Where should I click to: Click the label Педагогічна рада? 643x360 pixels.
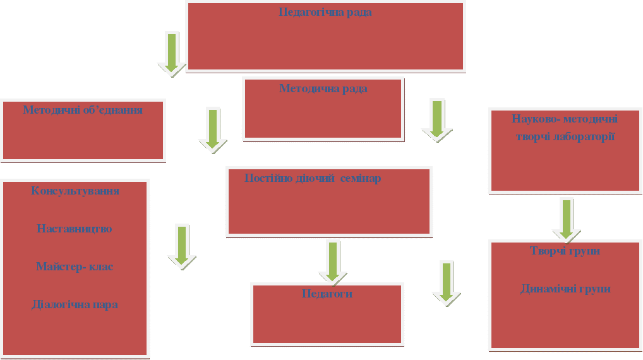click(325, 13)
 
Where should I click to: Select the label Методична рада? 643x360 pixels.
click(323, 88)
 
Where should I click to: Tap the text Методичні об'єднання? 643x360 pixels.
click(83, 110)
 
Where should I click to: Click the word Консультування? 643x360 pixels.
click(75, 191)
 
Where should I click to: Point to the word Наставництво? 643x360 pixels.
click(75, 229)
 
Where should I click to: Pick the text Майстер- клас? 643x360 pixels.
click(75, 267)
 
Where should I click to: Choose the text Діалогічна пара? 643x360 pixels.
click(75, 304)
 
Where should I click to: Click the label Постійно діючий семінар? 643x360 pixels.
click(313, 178)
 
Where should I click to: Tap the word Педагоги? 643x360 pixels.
click(327, 294)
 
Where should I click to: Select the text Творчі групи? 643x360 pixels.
click(565, 251)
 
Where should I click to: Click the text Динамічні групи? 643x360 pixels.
click(565, 289)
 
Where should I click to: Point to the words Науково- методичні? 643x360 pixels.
click(565, 119)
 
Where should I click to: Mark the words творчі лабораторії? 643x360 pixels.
click(565, 136)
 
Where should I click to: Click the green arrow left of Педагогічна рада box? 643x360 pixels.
click(172, 53)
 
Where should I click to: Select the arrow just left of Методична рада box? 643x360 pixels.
click(213, 129)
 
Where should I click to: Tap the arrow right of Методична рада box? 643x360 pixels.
click(437, 119)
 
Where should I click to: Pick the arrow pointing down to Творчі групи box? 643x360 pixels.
click(567, 219)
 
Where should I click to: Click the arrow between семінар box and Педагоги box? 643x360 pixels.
click(333, 260)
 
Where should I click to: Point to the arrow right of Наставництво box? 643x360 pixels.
click(182, 246)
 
